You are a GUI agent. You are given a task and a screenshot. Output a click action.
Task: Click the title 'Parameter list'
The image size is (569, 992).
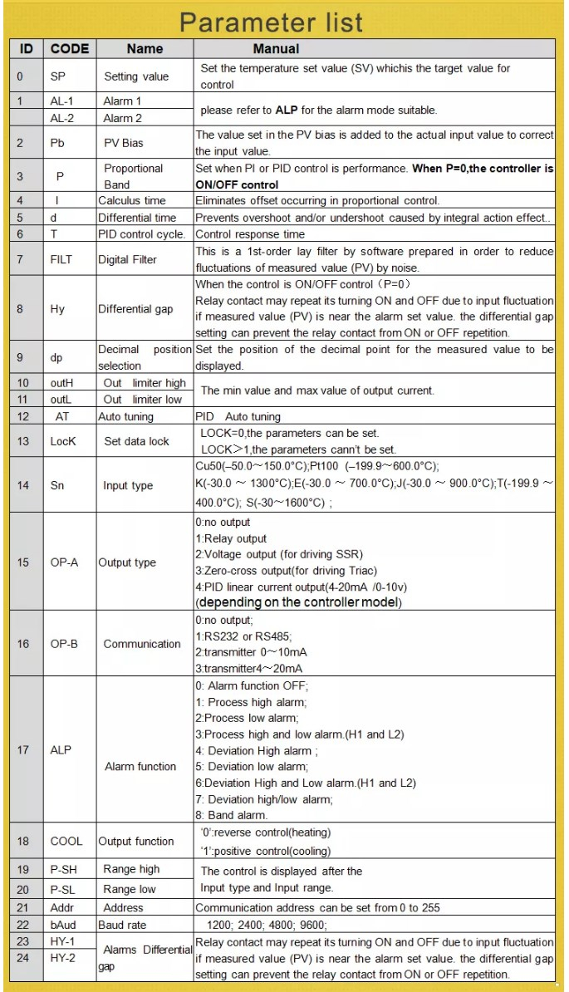tap(271, 22)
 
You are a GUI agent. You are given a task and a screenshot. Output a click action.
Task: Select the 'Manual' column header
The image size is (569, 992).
tap(276, 48)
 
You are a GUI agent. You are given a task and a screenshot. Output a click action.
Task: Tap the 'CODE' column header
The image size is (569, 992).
tap(70, 48)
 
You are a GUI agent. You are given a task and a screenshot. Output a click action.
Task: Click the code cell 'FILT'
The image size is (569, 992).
tap(61, 259)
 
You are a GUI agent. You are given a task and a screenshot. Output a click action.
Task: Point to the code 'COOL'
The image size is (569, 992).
tap(66, 841)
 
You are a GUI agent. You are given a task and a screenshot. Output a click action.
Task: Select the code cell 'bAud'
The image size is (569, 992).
tap(63, 925)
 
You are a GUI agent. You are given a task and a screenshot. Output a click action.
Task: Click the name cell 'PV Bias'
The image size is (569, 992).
tap(123, 143)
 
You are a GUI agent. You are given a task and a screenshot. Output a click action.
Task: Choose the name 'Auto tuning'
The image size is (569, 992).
tap(131, 416)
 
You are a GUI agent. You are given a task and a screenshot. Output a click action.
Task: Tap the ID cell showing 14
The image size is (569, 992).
tap(23, 485)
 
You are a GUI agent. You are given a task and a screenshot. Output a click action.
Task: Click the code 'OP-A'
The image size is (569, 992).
tap(64, 562)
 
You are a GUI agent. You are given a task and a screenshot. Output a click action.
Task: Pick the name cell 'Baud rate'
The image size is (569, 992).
tap(125, 925)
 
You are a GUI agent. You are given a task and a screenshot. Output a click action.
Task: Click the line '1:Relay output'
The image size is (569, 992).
tap(231, 538)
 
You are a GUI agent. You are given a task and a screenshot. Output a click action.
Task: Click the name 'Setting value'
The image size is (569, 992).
tap(136, 76)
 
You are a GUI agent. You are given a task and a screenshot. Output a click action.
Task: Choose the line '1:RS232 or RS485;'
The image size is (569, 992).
tap(242, 636)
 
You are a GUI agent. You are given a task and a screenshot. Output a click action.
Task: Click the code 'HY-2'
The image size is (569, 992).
tap(63, 958)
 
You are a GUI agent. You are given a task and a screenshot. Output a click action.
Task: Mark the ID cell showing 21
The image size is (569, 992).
tap(23, 907)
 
